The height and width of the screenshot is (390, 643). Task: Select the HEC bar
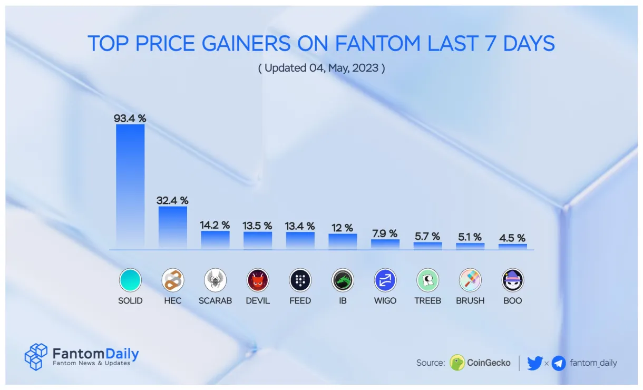[173, 227]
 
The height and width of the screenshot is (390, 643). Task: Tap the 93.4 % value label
[130, 119]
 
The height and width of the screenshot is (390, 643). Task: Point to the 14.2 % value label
[215, 225]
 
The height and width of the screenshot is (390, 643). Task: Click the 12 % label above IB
[343, 228]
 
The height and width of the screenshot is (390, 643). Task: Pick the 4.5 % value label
[512, 238]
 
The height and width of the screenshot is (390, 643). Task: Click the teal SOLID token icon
[130, 280]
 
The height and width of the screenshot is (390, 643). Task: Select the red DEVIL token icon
[258, 280]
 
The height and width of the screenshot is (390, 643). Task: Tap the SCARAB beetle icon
[215, 280]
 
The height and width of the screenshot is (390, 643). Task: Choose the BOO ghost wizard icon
[512, 280]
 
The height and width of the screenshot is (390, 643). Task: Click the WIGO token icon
[385, 280]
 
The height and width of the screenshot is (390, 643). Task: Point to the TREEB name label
[427, 301]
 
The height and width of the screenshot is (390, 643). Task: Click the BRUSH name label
[470, 301]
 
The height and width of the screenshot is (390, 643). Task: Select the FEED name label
[300, 301]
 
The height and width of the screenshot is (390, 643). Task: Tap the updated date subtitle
[321, 68]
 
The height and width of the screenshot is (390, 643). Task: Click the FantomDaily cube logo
[36, 357]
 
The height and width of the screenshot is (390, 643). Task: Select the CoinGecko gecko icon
[457, 363]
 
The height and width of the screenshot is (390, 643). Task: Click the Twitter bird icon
[534, 363]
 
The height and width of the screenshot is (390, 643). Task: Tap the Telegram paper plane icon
[559, 363]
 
